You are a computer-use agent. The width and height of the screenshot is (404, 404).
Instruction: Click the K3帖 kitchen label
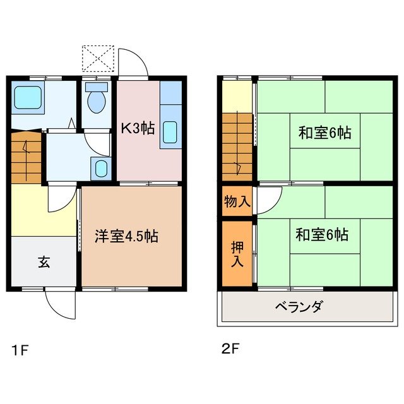pos(138,129)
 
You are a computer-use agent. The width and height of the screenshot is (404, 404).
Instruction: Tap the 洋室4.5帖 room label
pos(126,237)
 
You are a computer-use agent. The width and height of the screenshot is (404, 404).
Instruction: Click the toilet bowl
pos(96,101)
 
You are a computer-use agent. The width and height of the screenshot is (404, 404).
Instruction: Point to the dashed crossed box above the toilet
pos(98,58)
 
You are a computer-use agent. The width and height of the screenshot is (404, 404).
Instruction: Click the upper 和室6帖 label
pos(324,133)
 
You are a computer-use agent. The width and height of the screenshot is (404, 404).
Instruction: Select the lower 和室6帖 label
pos(321,235)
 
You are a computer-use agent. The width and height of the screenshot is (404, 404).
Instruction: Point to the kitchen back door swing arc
pos(134,63)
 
